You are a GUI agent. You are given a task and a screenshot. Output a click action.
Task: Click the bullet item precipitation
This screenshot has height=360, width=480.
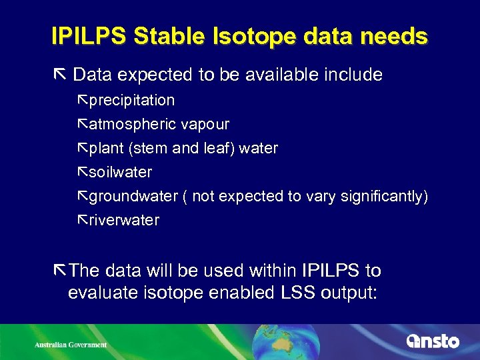(131, 101)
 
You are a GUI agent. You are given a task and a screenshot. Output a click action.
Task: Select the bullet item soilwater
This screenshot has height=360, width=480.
(120, 172)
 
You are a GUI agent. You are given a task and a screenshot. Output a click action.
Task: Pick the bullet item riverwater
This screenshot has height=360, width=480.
(124, 220)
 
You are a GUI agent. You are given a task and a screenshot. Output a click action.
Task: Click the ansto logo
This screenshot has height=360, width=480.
(433, 341)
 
